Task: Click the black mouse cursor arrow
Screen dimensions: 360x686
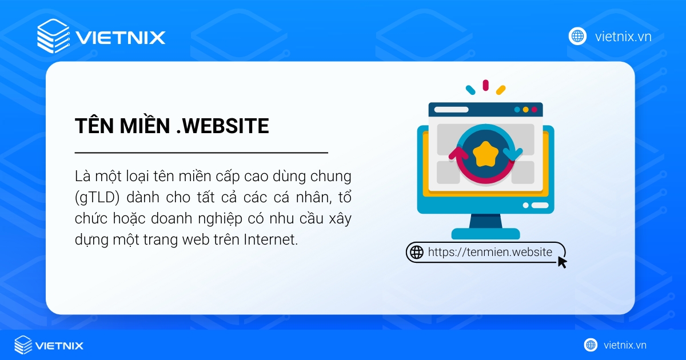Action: [x=562, y=262]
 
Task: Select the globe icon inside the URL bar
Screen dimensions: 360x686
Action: [x=416, y=252]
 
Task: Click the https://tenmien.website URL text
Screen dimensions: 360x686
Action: [x=490, y=252]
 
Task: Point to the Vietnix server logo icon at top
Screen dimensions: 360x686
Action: [x=53, y=36]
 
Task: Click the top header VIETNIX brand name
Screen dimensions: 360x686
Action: [x=120, y=38]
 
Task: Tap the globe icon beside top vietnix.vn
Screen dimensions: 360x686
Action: [x=577, y=36]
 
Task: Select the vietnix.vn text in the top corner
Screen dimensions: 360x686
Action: [x=623, y=37]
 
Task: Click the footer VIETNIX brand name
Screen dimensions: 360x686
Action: [x=59, y=345]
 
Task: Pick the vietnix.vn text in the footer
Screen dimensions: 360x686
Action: [x=625, y=345]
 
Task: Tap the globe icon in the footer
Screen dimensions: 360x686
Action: [x=591, y=345]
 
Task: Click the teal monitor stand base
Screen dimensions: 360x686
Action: [x=485, y=234]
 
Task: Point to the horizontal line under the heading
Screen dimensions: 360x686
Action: [x=201, y=153]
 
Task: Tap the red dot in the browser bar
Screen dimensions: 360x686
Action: [x=535, y=109]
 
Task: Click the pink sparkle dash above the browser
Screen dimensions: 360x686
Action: [x=485, y=85]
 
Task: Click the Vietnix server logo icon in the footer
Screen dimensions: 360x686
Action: [x=23, y=345]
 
